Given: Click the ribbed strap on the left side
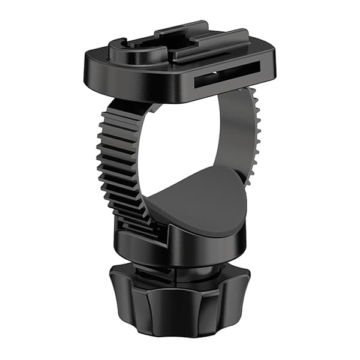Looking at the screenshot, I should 117,156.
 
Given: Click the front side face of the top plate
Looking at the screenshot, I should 138,87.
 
